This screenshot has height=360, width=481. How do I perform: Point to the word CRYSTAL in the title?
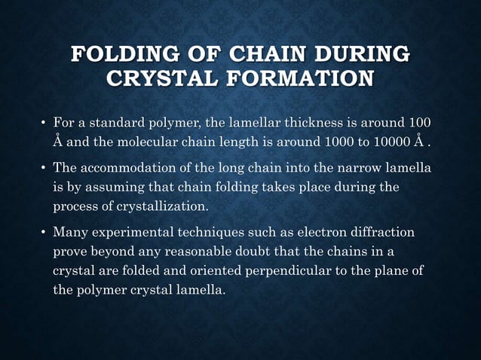point(158,78)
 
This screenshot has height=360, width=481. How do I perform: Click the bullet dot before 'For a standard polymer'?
point(43,123)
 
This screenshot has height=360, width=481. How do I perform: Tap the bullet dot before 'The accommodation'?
point(43,172)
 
